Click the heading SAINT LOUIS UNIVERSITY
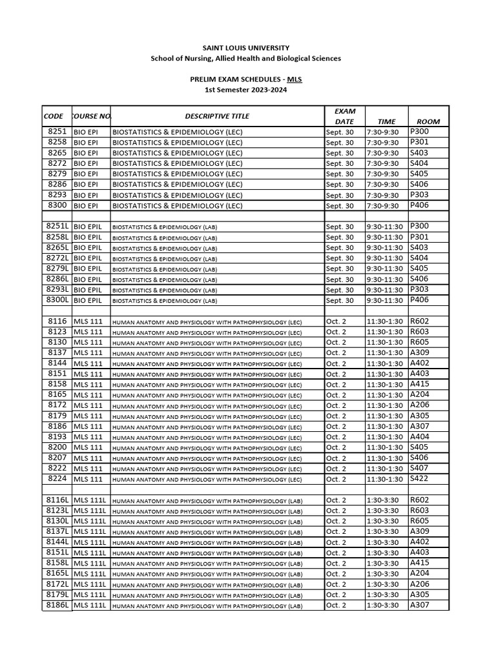[246, 48]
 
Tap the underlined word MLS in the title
[294, 79]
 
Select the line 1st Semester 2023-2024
[246, 90]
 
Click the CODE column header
[54, 116]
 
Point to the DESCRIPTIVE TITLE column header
[217, 116]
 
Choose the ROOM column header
[428, 121]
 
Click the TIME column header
[386, 121]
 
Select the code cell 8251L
[57, 226]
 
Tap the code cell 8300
[57, 205]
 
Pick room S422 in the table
[419, 478]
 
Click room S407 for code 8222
[419, 468]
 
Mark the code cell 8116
[57, 321]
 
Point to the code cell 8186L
[57, 605]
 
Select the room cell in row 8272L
[419, 258]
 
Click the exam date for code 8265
[340, 153]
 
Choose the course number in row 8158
[88, 384]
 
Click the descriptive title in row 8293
[178, 195]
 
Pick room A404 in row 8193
[419, 436]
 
